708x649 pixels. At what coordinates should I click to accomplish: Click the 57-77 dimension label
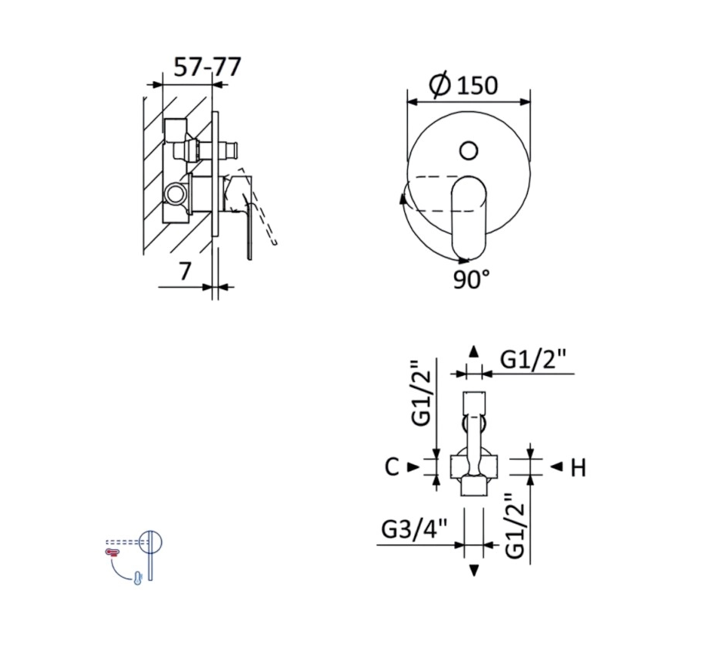207,68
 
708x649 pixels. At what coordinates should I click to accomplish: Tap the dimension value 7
184,271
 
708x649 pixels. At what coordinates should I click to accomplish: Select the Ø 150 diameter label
464,84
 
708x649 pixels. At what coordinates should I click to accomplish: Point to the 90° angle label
472,279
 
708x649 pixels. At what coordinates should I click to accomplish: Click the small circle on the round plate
469,150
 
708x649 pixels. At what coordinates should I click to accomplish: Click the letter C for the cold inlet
392,466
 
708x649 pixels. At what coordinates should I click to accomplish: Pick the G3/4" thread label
414,529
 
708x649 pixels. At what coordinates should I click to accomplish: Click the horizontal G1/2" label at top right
533,360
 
